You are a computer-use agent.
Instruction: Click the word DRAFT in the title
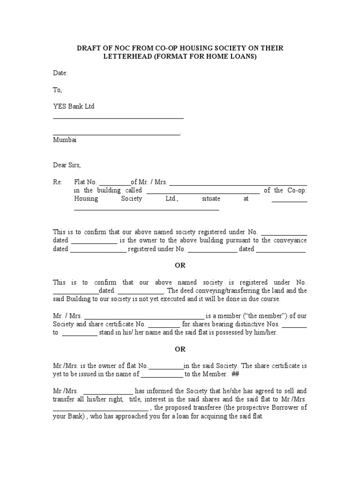(x=89, y=48)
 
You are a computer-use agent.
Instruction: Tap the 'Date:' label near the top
(x=60, y=73)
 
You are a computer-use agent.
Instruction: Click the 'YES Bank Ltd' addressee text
(x=74, y=106)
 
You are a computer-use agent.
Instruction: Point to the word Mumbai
(x=65, y=140)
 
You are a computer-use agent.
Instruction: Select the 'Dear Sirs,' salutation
(x=67, y=165)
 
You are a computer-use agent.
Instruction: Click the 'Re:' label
(x=57, y=182)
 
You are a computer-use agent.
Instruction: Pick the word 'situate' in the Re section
(x=211, y=199)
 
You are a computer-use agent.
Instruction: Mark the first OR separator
(x=180, y=265)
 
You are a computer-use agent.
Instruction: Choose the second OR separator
(x=180, y=349)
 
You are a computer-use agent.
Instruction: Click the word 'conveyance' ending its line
(x=290, y=240)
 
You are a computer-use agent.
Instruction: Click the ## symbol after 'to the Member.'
(x=236, y=374)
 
